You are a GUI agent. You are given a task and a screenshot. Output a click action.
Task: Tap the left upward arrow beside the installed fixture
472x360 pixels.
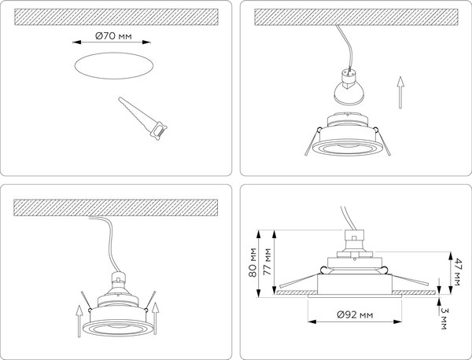coord(78,320)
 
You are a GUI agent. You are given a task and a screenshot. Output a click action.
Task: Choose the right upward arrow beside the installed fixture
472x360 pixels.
coord(155,314)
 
